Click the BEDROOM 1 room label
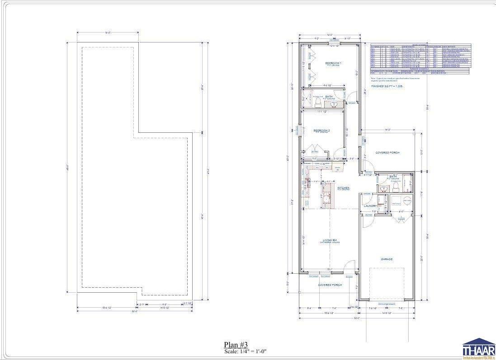point(334,64)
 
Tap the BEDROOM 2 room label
point(322,131)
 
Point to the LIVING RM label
point(330,241)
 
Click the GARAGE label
point(386,259)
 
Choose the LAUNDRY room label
point(370,206)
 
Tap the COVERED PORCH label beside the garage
point(330,285)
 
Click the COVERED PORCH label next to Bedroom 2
point(387,153)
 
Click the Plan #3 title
point(236,345)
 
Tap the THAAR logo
point(478,348)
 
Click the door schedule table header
point(420,45)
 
